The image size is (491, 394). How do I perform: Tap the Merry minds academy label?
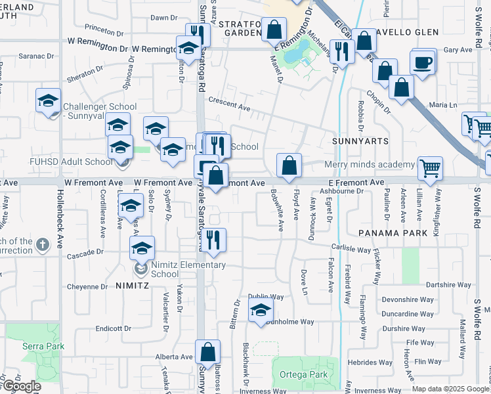coord(370,164)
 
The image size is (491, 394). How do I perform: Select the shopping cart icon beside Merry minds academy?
coord(430,167)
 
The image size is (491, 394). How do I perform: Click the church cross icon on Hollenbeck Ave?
coord(43,245)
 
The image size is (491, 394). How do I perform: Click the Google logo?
coord(21,386)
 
